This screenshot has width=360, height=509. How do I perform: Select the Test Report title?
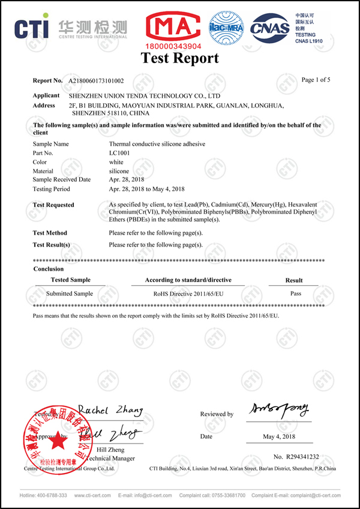pos(179,58)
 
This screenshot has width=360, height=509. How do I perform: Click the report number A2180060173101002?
pos(95,80)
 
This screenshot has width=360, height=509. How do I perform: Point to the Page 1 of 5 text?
pos(316,80)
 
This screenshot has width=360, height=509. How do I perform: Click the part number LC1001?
pos(119,153)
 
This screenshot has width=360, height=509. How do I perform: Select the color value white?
pos(116,162)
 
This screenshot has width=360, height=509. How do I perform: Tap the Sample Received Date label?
pos(62,179)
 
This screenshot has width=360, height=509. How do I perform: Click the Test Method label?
pos(50,233)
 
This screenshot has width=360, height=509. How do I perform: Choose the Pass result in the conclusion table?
pos(295,294)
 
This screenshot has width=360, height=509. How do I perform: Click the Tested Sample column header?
pos(70,280)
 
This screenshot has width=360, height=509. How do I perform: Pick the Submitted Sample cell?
pos(70,294)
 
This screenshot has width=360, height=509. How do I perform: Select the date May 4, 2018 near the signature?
pos(278,436)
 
